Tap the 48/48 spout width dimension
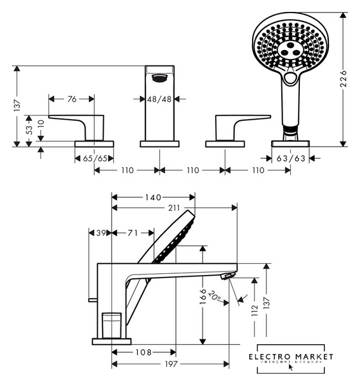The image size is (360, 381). [159, 99]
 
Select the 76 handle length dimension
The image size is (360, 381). [72, 99]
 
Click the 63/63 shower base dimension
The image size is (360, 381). [290, 158]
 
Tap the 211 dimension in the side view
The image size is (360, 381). [173, 208]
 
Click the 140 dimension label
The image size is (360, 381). [153, 196]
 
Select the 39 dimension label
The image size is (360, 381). [100, 233]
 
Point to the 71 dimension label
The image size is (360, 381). [132, 233]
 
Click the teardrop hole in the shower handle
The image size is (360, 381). [290, 78]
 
